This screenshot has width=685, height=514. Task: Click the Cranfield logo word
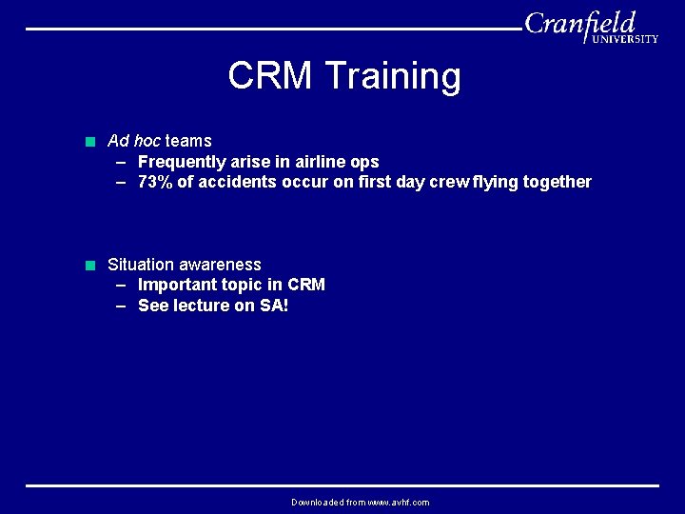tap(580, 23)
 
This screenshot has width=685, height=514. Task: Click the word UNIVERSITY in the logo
tap(624, 39)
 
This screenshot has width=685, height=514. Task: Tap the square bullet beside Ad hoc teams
tap(89, 142)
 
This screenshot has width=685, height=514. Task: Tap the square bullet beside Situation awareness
tap(89, 266)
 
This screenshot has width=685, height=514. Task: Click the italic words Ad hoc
tap(134, 141)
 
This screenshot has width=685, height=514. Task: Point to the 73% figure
tap(155, 182)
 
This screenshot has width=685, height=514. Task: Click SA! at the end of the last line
tap(273, 306)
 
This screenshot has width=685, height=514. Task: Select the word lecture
tap(204, 306)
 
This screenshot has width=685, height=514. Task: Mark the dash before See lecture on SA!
tap(122, 306)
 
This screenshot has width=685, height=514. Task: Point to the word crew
tap(449, 182)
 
